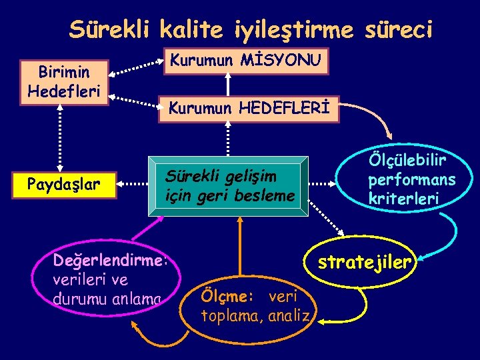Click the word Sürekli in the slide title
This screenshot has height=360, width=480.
[109, 29]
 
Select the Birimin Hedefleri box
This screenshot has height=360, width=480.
[63, 81]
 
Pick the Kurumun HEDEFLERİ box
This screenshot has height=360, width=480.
[248, 107]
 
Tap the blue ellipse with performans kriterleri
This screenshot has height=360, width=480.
[410, 179]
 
